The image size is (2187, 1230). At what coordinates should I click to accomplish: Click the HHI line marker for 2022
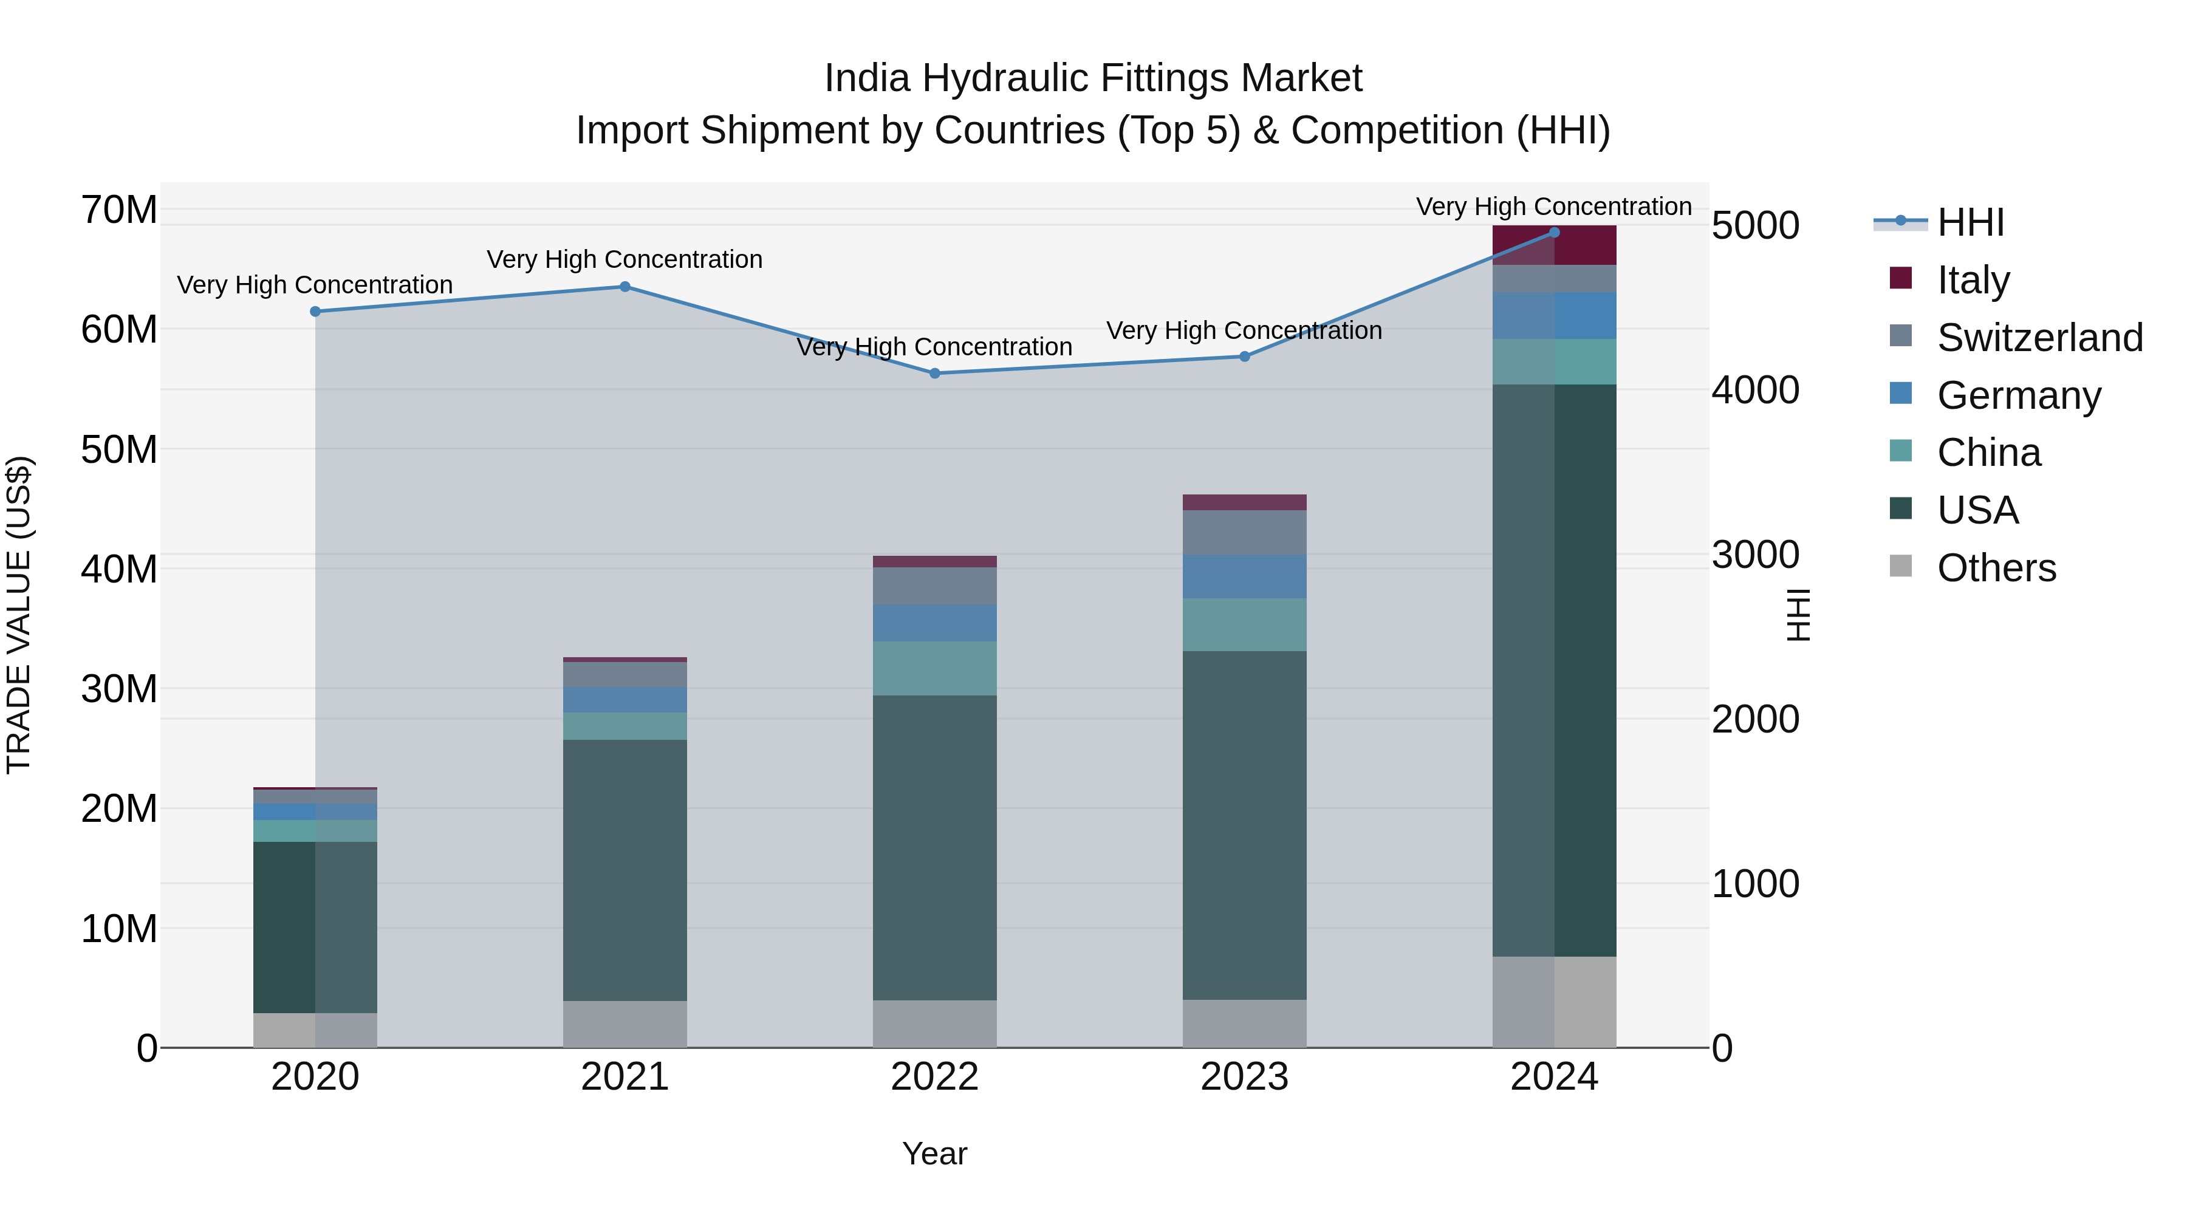tap(935, 374)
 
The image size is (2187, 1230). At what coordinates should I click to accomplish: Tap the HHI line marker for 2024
tap(1555, 233)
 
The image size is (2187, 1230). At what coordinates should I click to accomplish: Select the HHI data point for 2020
tap(315, 312)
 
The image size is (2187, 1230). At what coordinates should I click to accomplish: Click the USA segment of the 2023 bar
tap(1245, 825)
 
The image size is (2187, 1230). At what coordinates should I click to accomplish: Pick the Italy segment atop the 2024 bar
tap(1555, 246)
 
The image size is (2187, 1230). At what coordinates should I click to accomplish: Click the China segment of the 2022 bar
tap(935, 669)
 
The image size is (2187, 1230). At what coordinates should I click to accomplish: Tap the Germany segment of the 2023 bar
tap(1245, 576)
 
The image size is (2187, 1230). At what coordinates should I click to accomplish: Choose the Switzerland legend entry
tap(2039, 337)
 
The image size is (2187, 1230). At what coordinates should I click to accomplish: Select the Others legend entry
tap(1996, 568)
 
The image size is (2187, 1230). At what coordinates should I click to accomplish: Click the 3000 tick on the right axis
tap(1755, 555)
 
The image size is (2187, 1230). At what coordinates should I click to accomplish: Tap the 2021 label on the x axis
tap(625, 1077)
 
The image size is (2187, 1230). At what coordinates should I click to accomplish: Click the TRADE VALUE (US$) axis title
tap(19, 615)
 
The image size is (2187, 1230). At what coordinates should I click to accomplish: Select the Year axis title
tap(935, 1153)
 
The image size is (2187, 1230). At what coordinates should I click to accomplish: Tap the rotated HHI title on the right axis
tap(1799, 615)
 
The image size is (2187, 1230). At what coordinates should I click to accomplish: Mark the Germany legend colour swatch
tap(1901, 393)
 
